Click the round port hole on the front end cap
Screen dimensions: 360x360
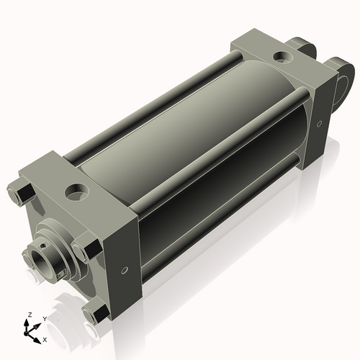(77, 192)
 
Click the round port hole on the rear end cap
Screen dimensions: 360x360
(283, 57)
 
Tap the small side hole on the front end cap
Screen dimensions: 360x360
(124, 270)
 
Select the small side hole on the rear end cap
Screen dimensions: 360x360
(319, 124)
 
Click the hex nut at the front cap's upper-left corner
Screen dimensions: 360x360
(21, 194)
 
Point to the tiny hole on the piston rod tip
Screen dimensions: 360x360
(42, 246)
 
